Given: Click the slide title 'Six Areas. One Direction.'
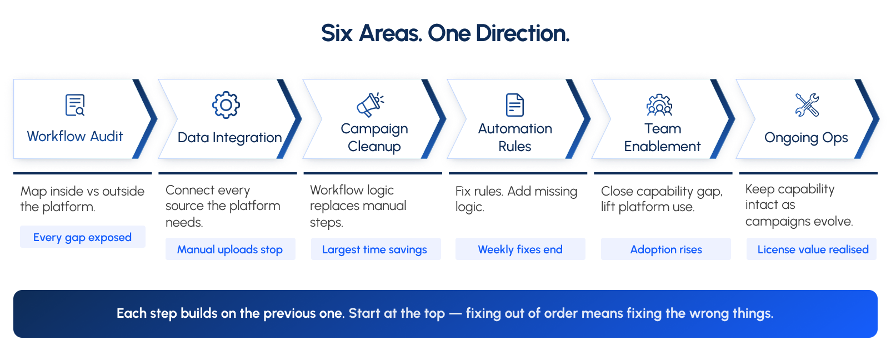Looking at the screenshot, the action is point(445,33).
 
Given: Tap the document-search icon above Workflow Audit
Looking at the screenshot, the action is point(75,105).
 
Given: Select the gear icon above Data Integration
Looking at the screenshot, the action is point(226,105).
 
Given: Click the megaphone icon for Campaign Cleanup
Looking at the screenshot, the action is point(371,105).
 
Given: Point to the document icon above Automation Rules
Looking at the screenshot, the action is point(515,105).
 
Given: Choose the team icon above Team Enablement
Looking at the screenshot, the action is point(659,105).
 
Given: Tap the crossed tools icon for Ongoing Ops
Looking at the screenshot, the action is point(807,105).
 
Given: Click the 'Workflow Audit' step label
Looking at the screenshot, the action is point(75,137).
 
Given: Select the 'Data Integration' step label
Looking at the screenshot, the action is point(229,138).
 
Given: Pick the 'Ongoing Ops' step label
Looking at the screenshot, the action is point(806,138).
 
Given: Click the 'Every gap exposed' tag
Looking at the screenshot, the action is point(83,237).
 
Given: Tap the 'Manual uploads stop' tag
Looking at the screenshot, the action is point(231,249).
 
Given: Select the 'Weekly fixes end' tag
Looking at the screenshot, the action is point(520,249).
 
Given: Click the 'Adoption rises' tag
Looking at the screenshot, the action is point(666,249).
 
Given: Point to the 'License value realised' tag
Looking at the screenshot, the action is point(812,249).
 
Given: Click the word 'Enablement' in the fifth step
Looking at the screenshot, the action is point(662,146).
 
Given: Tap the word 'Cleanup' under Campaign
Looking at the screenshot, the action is point(374,147).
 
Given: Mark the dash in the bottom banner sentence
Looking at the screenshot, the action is point(455,314).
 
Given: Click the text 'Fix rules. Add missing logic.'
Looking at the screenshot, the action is point(516,199).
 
